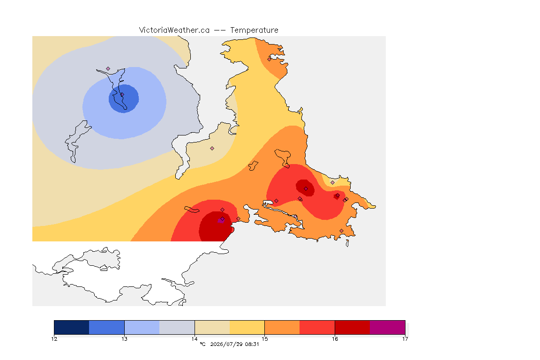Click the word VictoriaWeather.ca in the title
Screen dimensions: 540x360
(x=174, y=30)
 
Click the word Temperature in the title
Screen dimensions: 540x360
(x=254, y=30)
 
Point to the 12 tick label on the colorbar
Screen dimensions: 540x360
(x=54, y=339)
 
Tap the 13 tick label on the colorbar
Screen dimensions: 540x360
(x=124, y=339)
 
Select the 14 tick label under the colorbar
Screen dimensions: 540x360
(x=195, y=339)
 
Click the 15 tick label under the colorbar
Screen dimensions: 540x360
(x=264, y=339)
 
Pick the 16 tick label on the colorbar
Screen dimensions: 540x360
(x=335, y=339)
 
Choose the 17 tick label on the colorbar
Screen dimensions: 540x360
(x=405, y=339)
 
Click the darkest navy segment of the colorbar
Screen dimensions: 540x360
(x=72, y=327)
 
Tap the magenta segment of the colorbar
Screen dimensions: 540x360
(x=388, y=327)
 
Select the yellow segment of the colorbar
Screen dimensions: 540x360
(x=247, y=327)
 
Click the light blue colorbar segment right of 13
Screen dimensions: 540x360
(x=142, y=327)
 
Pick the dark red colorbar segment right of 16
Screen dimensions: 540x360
(x=352, y=327)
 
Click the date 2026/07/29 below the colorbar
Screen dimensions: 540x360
(x=225, y=344)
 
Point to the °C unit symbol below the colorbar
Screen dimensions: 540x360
(x=202, y=344)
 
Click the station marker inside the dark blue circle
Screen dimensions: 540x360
(x=122, y=94)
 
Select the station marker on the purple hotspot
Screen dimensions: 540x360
(x=223, y=219)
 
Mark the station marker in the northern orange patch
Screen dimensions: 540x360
(x=270, y=59)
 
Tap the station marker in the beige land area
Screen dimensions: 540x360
(x=212, y=149)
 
